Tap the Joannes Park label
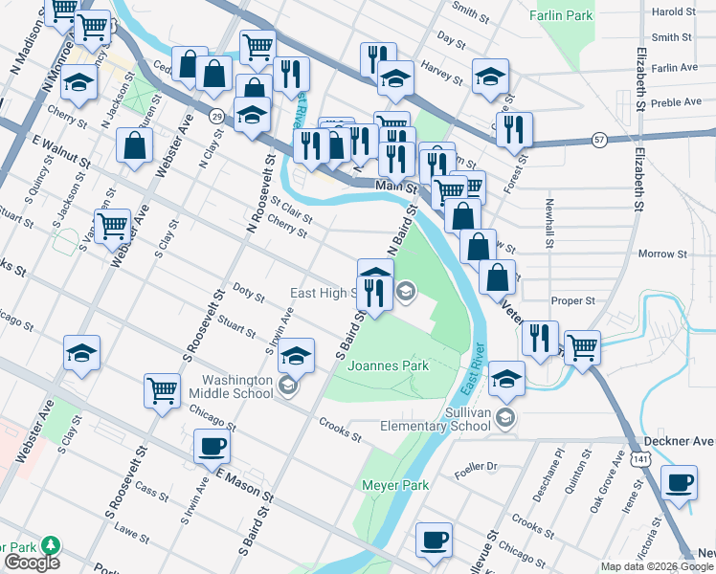pyautogui.click(x=389, y=365)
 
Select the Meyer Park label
pyautogui.click(x=394, y=486)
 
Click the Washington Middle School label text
pyautogui.click(x=231, y=386)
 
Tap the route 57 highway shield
pyautogui.click(x=598, y=138)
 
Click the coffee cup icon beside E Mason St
pyautogui.click(x=212, y=445)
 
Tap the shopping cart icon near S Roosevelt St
pyautogui.click(x=162, y=389)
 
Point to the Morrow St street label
pyautogui.click(x=662, y=254)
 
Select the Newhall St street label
pyautogui.click(x=550, y=222)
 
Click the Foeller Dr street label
pyautogui.click(x=479, y=467)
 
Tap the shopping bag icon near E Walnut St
pyautogui.click(x=135, y=146)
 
